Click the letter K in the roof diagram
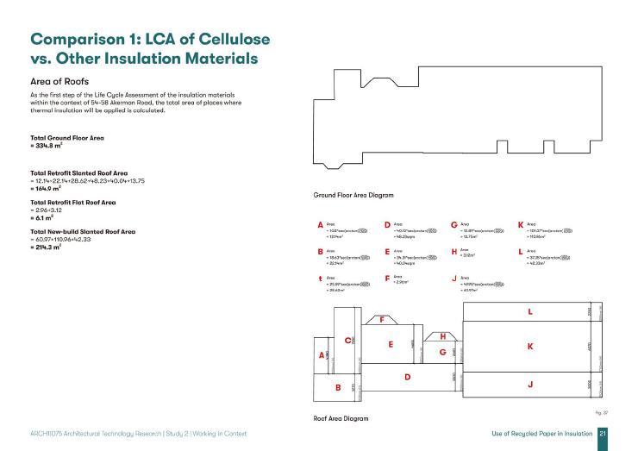[x=530, y=346]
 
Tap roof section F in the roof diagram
[x=382, y=319]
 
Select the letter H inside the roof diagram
[x=442, y=336]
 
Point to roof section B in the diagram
[x=338, y=387]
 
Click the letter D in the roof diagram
[x=407, y=377]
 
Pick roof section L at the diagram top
[x=530, y=311]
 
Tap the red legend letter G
[x=453, y=225]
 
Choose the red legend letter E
[x=387, y=252]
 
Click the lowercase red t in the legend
[x=321, y=279]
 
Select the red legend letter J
[x=453, y=279]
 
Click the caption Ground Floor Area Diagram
[x=354, y=196]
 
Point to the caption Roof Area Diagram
[x=341, y=418]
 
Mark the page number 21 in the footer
[x=603, y=433]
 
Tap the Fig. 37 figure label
[x=601, y=413]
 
